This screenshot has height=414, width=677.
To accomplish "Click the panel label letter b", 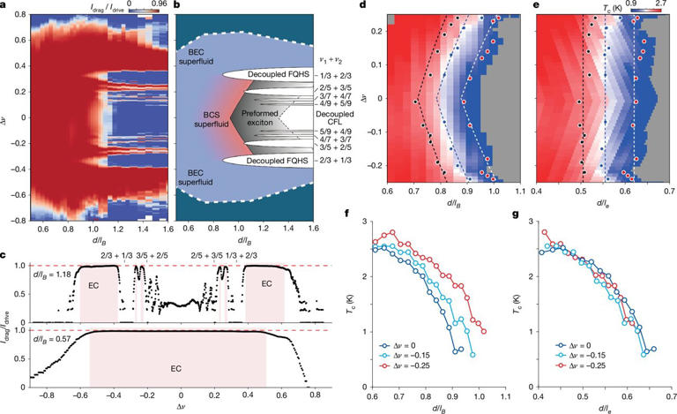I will [182, 6].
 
